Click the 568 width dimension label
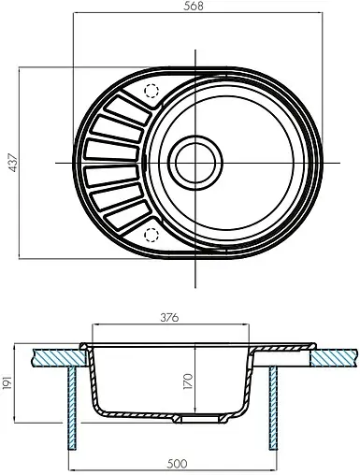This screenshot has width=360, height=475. pos(194,7)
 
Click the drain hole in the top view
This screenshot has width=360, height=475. pos(194,163)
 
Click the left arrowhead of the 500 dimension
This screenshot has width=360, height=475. pos(75,469)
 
